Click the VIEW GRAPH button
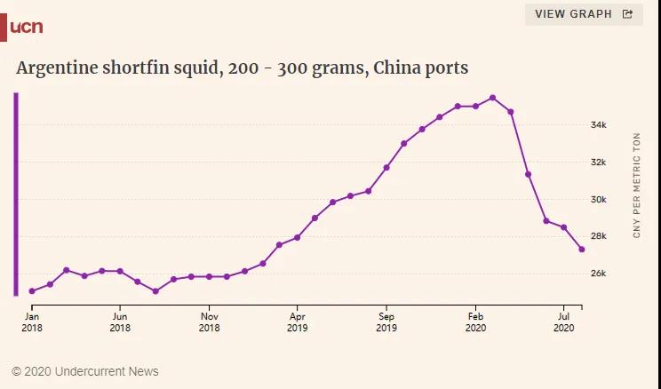[583, 14]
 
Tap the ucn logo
[25, 27]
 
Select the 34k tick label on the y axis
[599, 125]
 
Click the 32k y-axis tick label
[599, 163]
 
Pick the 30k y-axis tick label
[599, 199]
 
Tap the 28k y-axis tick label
[599, 236]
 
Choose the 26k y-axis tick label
[599, 274]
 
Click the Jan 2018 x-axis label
[31, 321]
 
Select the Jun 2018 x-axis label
[120, 321]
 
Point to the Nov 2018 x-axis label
[209, 321]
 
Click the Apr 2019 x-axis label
[298, 321]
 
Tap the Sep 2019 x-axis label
[386, 321]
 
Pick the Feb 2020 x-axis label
[475, 321]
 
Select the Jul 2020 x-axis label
[564, 321]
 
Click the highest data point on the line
[493, 98]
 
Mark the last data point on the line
[582, 250]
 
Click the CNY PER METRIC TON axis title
[636, 185]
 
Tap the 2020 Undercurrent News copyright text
[85, 371]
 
